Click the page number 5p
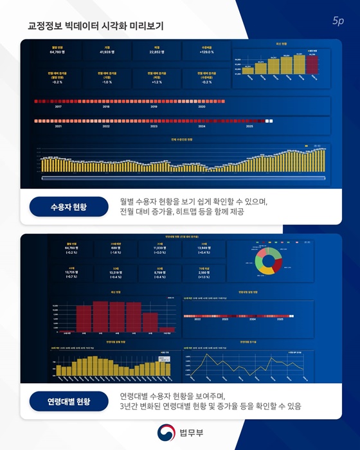pyautogui.click(x=338, y=21)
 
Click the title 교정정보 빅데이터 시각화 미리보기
pyautogui.click(x=96, y=26)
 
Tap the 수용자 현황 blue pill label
pyautogui.click(x=67, y=207)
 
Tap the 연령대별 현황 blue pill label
pyautogui.click(x=69, y=402)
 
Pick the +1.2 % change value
pyautogui.click(x=156, y=82)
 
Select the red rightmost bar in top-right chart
pyautogui.click(x=313, y=64)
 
